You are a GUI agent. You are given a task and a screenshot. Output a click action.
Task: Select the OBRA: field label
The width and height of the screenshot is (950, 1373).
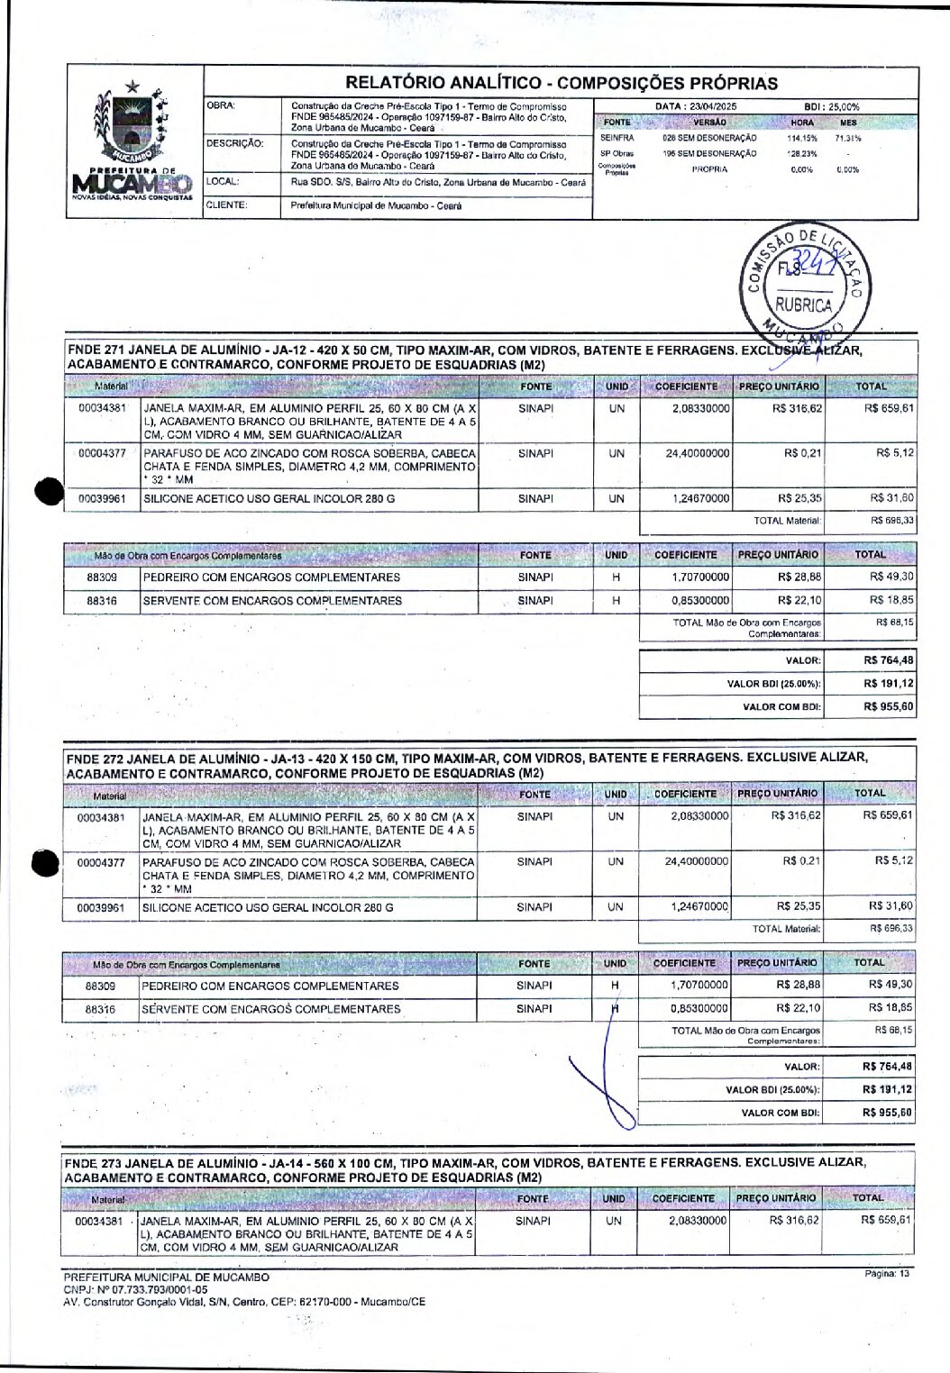point(222,106)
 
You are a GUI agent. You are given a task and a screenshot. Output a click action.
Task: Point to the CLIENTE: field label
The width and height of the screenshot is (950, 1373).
point(227,205)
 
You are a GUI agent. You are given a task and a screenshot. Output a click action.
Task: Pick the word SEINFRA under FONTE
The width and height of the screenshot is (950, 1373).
point(617,139)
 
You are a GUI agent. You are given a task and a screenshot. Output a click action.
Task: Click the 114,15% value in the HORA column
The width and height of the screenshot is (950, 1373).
point(801,139)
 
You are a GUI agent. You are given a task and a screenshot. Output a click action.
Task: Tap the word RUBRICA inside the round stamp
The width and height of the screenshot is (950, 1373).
point(804,305)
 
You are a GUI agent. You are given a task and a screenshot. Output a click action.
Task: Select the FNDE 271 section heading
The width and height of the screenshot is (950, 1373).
point(469,356)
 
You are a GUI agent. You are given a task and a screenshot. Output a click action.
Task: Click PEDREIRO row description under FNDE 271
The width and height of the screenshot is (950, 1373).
point(271,577)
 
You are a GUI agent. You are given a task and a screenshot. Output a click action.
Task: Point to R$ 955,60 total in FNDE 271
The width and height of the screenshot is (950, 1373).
point(888,707)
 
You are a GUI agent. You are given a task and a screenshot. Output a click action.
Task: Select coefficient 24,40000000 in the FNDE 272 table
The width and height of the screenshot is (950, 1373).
point(696,862)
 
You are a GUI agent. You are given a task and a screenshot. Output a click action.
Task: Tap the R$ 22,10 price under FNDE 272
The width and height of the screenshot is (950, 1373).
point(798,1008)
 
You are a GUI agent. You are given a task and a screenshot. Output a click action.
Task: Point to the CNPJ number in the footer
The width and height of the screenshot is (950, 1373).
point(135,1289)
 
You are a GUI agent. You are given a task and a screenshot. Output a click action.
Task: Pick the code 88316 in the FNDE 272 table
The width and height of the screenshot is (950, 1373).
point(100,1010)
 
